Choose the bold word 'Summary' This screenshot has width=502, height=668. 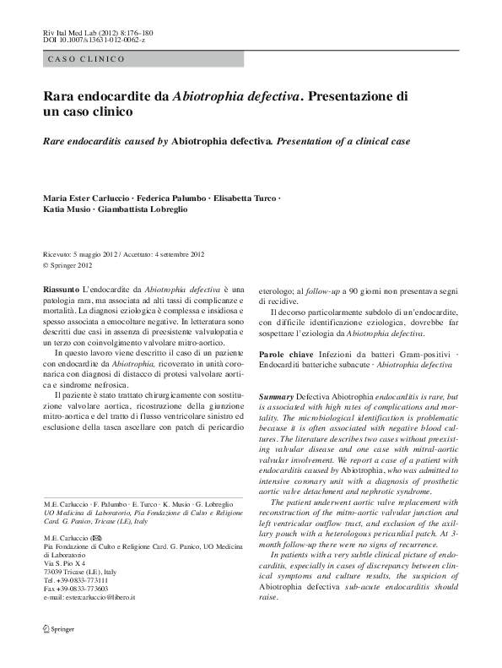coord(275,396)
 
